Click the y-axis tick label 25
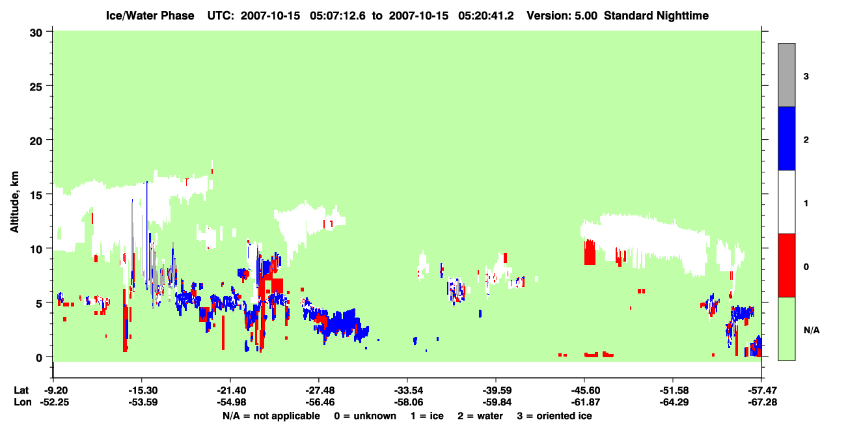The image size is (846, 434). [36, 87]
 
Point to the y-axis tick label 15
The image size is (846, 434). [36, 195]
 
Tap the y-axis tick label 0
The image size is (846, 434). [39, 358]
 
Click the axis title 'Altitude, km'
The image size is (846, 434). [14, 202]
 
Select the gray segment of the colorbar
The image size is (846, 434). [786, 75]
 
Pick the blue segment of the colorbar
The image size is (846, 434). [786, 138]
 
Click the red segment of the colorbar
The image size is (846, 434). [786, 265]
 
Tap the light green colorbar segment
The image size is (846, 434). [786, 329]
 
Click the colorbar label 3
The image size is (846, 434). [806, 77]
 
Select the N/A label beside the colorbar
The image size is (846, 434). [812, 331]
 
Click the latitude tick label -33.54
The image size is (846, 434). [407, 390]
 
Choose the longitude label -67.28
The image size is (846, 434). [762, 402]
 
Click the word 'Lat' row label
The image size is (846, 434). [21, 390]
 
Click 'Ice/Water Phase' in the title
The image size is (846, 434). [150, 16]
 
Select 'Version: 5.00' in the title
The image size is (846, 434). [562, 16]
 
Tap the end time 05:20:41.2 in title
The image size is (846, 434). [485, 16]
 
